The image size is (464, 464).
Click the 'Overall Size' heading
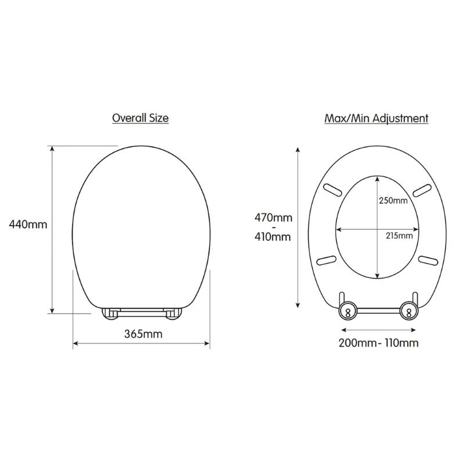[140, 118]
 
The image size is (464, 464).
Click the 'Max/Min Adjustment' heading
[376, 118]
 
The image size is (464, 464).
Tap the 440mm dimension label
[28, 224]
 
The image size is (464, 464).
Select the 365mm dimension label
[143, 334]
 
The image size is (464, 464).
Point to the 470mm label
[273, 218]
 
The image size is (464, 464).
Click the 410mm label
[273, 237]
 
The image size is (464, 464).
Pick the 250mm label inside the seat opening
[393, 200]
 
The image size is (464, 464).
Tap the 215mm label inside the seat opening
[399, 236]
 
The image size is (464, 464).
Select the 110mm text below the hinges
[401, 343]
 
